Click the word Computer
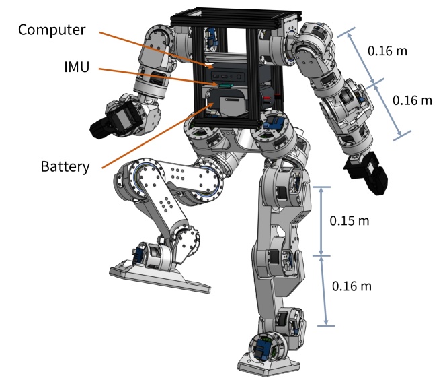coord(52,30)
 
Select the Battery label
coord(65,166)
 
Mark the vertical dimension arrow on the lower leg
coord(325,290)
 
